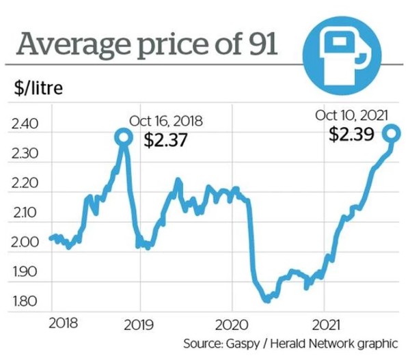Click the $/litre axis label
click(37, 89)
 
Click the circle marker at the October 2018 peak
click(123, 138)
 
